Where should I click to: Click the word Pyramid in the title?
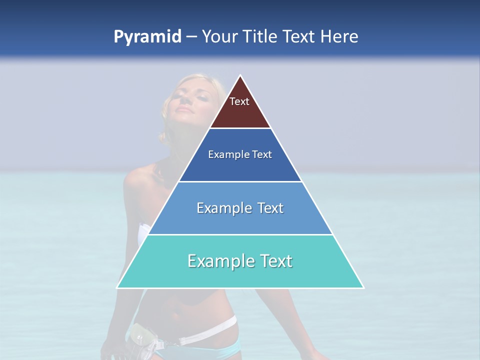[147, 37]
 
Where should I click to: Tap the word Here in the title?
[339, 37]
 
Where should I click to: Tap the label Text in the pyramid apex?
[239, 101]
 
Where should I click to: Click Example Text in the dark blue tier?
[240, 154]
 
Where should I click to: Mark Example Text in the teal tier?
[240, 260]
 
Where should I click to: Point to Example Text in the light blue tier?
[240, 207]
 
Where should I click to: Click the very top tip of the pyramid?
[240, 76]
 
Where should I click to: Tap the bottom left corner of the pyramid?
[117, 287]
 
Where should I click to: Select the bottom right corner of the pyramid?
[363, 287]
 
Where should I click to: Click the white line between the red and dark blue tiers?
[240, 128]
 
